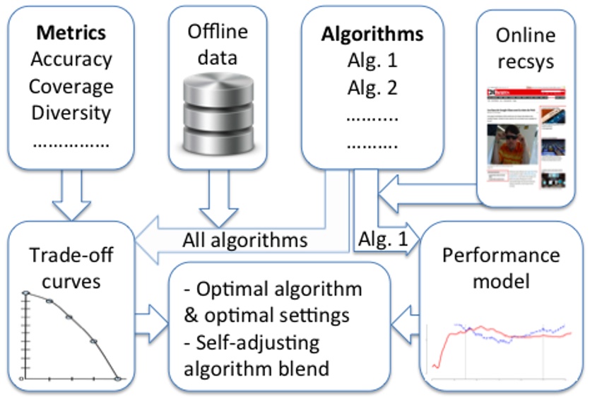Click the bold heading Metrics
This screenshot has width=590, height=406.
pyautogui.click(x=71, y=33)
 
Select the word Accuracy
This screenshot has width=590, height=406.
pyautogui.click(x=71, y=60)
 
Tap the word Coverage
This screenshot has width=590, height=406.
pyautogui.click(x=71, y=87)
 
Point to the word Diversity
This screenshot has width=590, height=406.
pyautogui.click(x=71, y=113)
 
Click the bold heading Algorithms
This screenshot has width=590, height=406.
pyautogui.click(x=372, y=33)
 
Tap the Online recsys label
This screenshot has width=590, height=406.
pyautogui.click(x=526, y=47)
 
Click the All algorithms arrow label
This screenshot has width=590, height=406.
pyautogui.click(x=244, y=240)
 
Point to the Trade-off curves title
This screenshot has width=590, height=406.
pyautogui.click(x=66, y=268)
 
